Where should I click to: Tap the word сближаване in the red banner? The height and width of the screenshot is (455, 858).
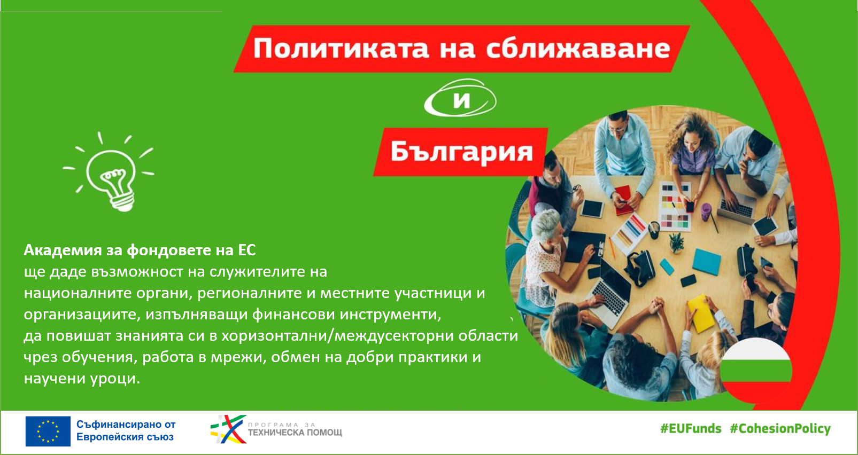tap(578, 48)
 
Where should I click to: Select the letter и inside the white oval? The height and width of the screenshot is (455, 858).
tap(461, 100)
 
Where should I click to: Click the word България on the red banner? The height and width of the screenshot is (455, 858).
tap(461, 152)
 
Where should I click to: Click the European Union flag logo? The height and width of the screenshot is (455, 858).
tap(48, 432)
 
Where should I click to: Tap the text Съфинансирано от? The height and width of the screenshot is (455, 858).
tap(126, 425)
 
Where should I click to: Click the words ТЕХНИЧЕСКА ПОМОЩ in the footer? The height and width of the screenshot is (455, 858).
tap(295, 433)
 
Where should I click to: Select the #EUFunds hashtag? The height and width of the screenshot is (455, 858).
tap(691, 429)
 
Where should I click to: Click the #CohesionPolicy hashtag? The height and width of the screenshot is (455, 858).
tap(780, 429)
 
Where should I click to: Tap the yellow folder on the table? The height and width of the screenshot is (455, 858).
tap(701, 313)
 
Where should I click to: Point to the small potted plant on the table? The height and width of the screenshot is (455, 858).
tap(676, 244)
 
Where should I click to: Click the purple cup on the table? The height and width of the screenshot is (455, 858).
tap(706, 212)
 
